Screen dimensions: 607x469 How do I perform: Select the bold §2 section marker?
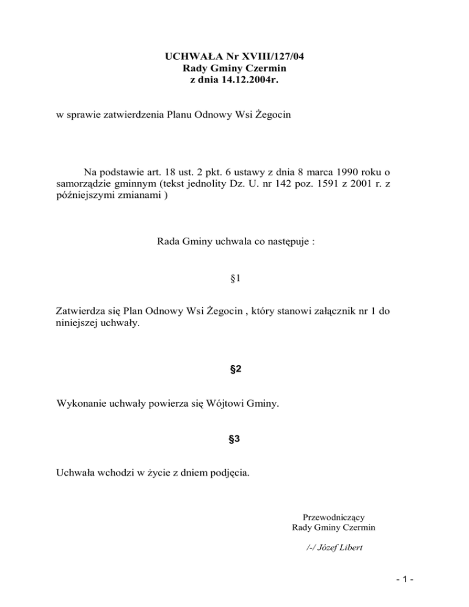pos(234,369)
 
